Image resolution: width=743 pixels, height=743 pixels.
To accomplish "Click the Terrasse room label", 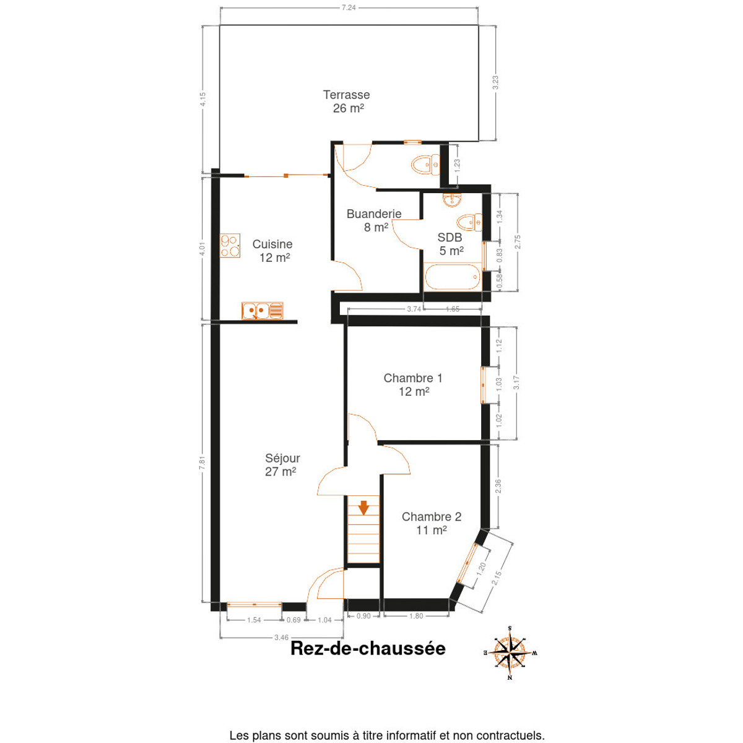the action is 346,95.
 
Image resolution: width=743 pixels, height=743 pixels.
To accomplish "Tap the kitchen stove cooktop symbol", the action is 230,245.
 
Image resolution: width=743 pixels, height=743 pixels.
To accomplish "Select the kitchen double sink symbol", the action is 262,310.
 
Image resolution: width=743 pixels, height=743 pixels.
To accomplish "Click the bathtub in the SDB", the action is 452,276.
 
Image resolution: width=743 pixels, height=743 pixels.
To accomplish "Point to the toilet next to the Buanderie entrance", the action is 425,165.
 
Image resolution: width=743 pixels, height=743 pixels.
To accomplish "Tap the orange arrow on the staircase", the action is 363,508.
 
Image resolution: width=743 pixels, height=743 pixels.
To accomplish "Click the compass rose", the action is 510,653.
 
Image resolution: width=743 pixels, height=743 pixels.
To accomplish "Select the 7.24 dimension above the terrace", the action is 349,7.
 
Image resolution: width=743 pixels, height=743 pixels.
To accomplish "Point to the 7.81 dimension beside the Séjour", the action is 202,463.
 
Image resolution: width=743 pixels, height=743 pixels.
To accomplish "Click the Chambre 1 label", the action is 412,378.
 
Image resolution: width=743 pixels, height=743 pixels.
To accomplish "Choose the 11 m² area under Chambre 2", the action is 432,530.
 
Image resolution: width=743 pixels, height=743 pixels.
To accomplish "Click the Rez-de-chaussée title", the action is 368,648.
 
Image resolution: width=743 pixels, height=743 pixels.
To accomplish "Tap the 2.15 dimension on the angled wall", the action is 497,578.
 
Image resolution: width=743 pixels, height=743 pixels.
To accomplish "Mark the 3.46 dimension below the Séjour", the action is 281,637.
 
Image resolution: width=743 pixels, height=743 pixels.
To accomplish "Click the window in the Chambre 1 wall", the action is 484,385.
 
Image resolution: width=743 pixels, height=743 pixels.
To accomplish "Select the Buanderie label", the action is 373,214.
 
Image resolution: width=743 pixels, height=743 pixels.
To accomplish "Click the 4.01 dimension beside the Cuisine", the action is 202,248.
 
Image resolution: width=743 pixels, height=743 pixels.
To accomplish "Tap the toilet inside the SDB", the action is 469,222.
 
